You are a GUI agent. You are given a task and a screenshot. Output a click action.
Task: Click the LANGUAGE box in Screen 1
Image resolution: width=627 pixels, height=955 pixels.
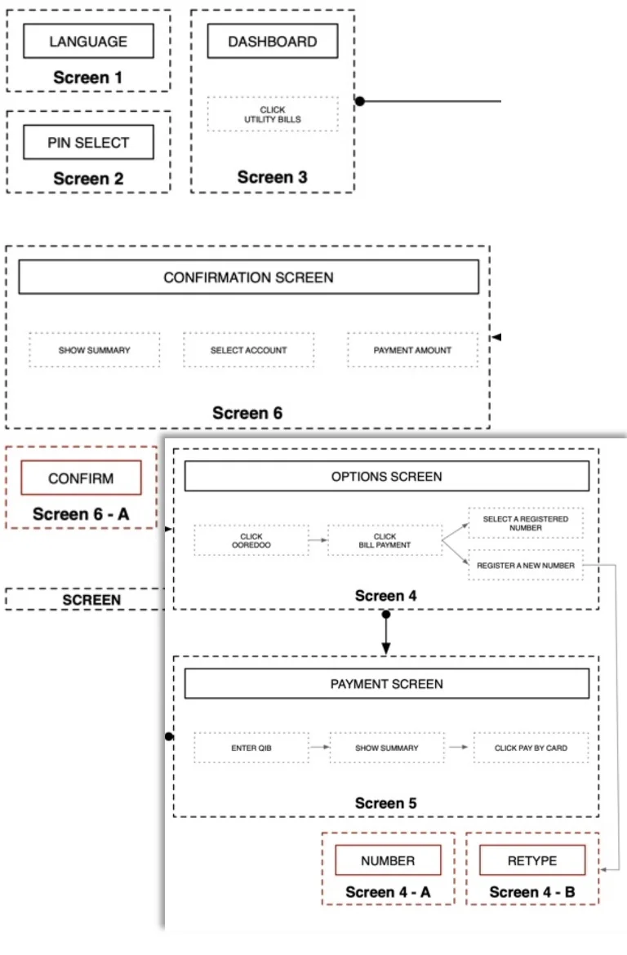88,41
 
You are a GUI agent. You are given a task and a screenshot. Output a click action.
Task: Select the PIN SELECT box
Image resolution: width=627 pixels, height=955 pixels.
88,142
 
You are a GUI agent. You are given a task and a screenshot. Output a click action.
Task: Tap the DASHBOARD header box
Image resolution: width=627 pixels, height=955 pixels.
272,41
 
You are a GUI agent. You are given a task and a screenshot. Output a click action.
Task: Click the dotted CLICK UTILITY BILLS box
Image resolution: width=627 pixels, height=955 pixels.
272,114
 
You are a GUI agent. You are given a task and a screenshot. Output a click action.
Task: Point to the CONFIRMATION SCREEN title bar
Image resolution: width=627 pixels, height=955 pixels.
248,278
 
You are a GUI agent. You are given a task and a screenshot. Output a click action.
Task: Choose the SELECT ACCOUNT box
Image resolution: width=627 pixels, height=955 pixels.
248,350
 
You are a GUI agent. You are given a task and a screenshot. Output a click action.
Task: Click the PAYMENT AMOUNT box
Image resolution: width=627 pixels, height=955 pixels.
412,350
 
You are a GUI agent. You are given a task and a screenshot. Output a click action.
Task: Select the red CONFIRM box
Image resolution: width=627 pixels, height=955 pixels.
81,478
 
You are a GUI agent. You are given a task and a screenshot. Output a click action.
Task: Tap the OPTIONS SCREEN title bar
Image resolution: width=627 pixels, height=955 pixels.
386,476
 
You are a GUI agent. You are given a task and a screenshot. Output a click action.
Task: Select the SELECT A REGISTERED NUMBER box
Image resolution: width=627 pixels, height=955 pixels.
526,523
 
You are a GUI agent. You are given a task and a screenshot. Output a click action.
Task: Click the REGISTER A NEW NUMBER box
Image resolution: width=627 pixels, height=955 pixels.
526,565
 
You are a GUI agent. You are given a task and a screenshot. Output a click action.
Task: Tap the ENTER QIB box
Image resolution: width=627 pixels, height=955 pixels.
251,748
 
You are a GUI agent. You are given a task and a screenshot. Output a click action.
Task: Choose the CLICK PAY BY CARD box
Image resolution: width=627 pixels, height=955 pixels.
531,748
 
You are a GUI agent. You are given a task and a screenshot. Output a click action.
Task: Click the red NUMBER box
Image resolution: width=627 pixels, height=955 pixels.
388,860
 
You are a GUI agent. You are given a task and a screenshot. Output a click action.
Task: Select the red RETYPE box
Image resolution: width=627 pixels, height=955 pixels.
532,860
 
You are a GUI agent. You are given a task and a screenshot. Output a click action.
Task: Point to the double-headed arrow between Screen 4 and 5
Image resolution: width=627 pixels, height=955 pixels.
386,632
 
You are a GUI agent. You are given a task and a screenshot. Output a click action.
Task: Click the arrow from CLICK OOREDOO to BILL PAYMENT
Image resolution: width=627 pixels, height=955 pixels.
318,540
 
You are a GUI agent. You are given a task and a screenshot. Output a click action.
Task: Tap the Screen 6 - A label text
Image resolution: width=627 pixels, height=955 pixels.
81,514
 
